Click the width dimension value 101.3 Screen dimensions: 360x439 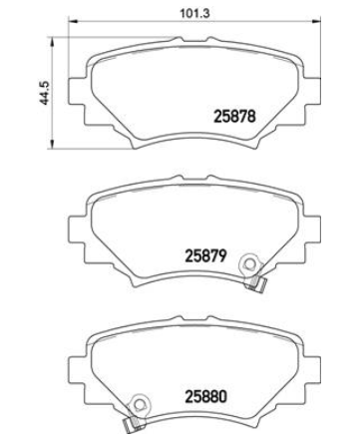pos(194,14)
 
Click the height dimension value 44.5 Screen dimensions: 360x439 pos(45,93)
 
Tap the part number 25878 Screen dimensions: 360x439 pos(235,117)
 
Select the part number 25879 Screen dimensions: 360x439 pos(205,256)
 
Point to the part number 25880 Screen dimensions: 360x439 pos(206,396)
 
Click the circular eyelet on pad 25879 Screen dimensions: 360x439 pos(248,264)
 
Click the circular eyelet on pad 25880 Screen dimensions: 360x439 pos(140,404)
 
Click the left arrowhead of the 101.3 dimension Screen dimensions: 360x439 pos(72,22)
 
